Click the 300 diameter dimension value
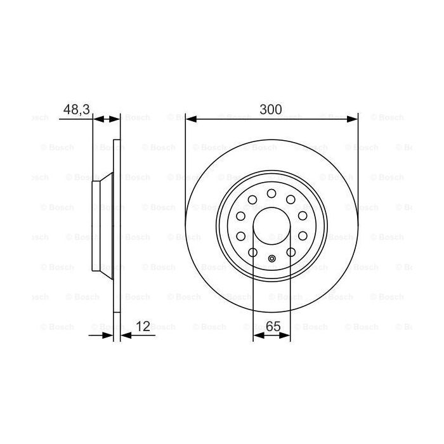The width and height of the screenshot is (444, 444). tap(271, 108)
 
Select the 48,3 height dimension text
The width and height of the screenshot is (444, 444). tap(75, 108)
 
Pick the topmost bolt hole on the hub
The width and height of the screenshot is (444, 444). tap(271, 193)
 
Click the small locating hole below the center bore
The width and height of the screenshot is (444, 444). tap(271, 258)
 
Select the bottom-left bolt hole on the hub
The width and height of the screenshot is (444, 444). tap(252, 252)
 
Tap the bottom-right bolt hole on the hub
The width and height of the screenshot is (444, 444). tap(291, 252)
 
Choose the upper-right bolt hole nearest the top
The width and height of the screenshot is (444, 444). tap(291, 200)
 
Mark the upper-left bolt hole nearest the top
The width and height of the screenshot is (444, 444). tap(252, 200)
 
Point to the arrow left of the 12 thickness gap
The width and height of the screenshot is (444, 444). tap(107, 335)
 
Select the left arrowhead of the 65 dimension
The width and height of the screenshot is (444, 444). tap(257, 335)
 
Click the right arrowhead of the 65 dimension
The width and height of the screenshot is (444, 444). tap(287, 335)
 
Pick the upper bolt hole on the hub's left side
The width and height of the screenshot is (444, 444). tap(241, 216)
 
